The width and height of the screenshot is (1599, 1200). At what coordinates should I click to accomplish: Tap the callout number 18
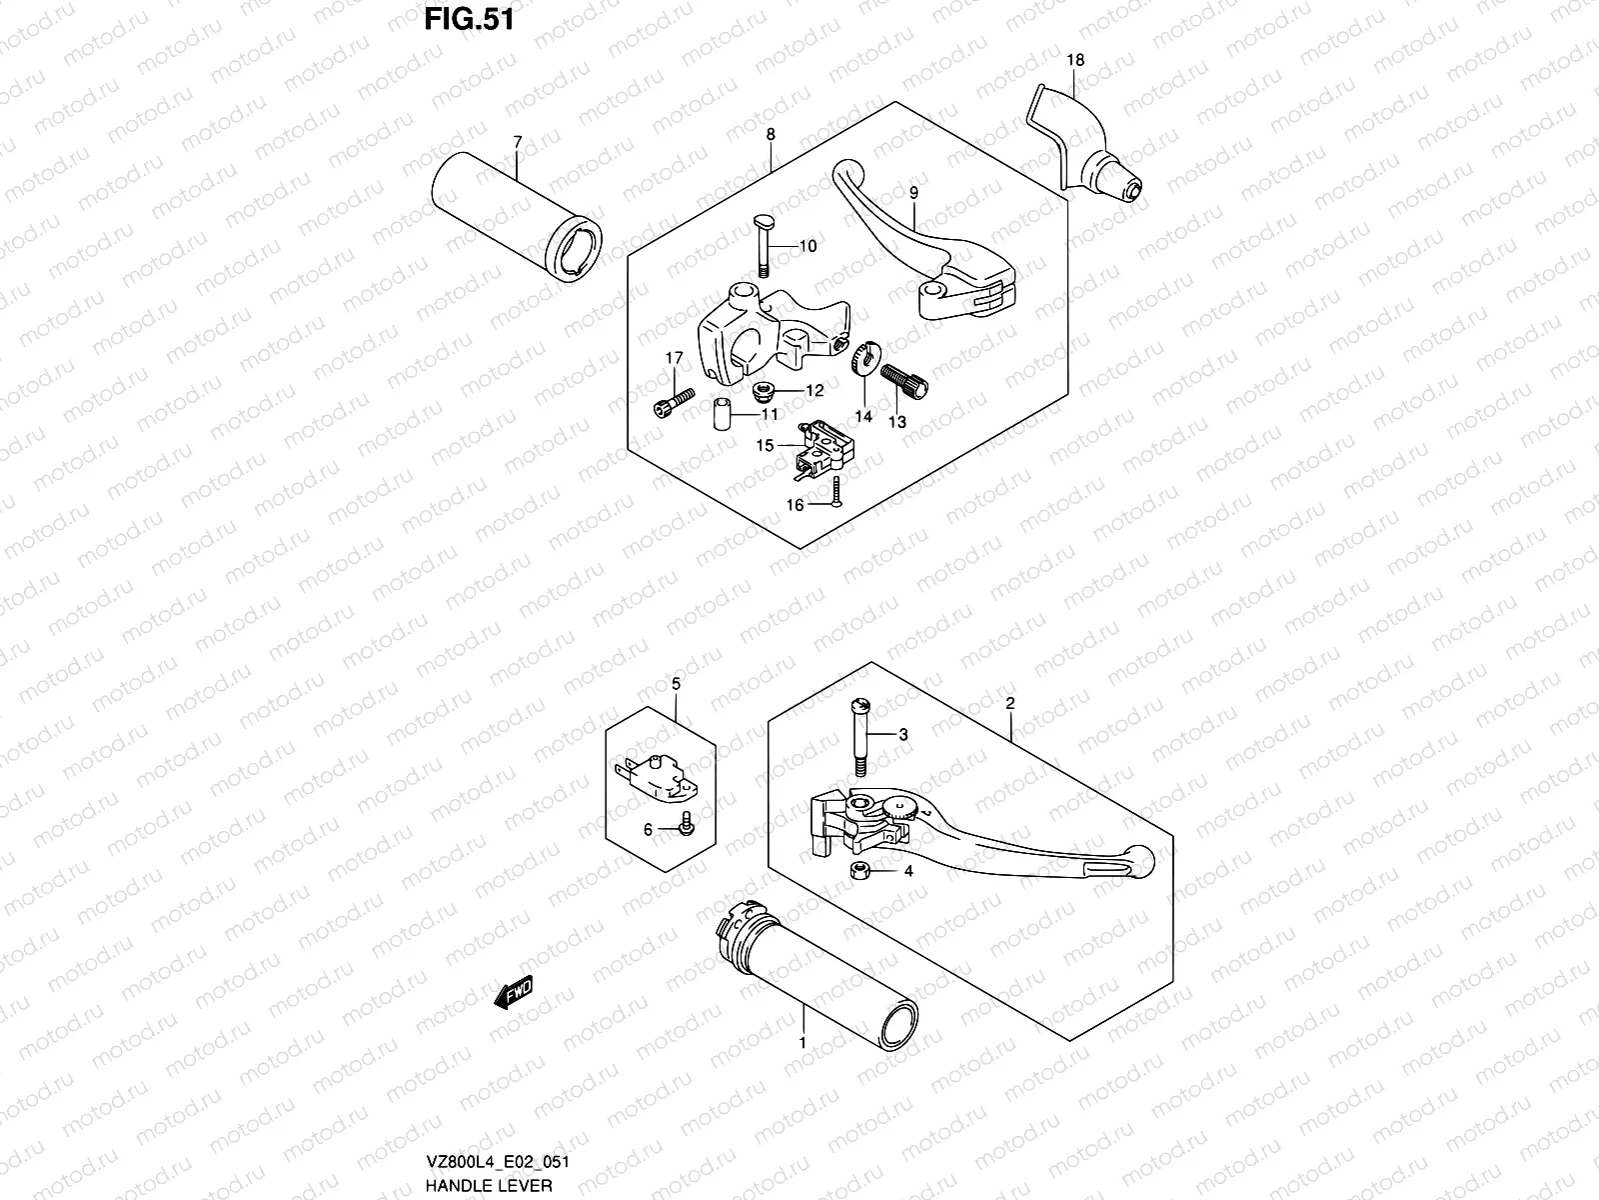click(x=1074, y=60)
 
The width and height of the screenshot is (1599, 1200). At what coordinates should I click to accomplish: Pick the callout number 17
click(x=675, y=358)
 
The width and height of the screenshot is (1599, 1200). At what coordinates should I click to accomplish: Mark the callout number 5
click(x=675, y=684)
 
